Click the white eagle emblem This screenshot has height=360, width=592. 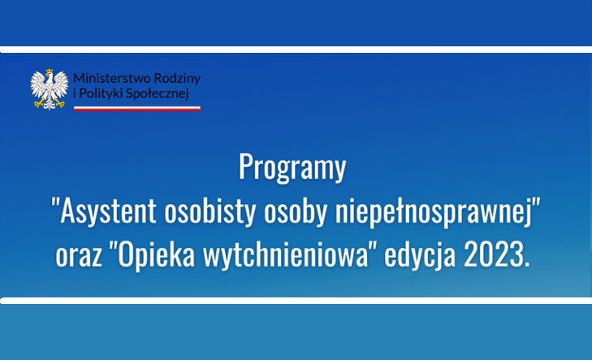coord(50,89)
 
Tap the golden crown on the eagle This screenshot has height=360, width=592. coord(50,72)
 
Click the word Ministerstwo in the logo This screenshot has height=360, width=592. coord(112,78)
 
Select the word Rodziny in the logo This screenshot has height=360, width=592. coord(178,79)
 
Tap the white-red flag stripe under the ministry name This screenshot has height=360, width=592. coord(137,109)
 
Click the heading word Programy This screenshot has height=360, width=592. coord(292,167)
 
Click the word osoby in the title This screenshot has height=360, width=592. coord(296,211)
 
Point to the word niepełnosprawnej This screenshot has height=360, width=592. coord(434,211)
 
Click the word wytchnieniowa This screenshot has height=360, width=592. coord(285,254)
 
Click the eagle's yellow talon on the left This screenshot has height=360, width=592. coord(38,102)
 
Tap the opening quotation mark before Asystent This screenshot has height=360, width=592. coord(55,202)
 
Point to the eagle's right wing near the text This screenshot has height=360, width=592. coord(61,85)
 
